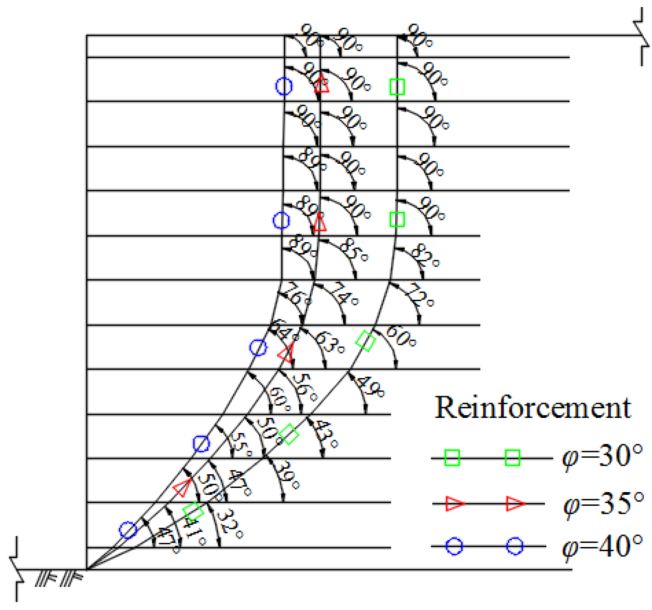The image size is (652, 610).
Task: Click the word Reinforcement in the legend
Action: (533, 408)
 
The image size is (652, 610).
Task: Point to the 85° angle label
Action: (354, 250)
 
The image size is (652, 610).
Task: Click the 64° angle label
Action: (284, 330)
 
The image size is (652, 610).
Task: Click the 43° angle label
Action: (325, 434)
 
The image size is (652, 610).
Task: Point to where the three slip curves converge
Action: (87, 569)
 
